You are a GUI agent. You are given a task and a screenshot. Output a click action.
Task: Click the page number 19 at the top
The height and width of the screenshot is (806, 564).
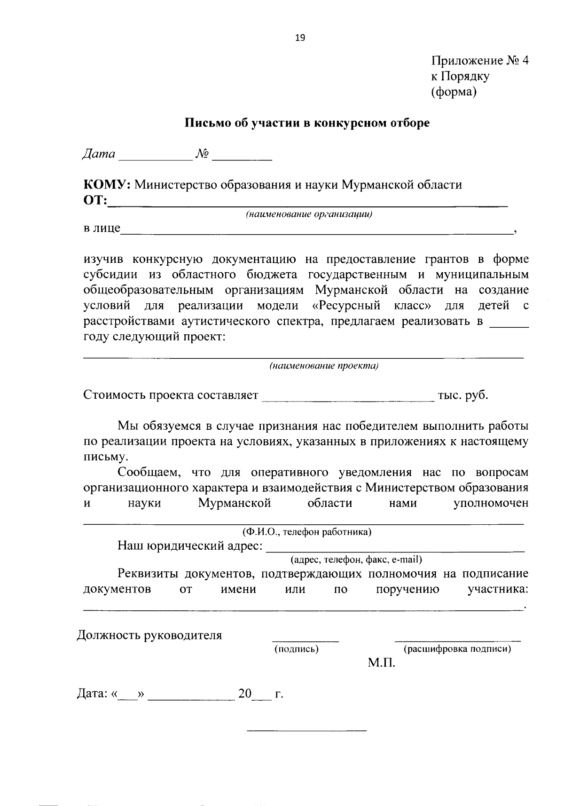click(x=300, y=39)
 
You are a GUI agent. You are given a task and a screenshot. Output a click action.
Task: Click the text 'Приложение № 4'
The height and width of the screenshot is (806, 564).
click(x=480, y=61)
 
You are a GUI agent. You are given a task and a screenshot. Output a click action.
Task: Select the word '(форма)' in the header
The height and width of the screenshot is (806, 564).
click(x=454, y=92)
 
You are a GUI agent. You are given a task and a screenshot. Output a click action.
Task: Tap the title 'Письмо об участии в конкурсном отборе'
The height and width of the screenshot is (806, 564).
click(x=306, y=124)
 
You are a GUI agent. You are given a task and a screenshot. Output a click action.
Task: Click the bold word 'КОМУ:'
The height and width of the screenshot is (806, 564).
click(x=107, y=185)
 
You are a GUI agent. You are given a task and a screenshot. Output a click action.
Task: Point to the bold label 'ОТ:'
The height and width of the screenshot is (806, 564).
click(x=95, y=201)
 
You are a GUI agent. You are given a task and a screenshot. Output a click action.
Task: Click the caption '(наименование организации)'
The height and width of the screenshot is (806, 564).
click(x=309, y=214)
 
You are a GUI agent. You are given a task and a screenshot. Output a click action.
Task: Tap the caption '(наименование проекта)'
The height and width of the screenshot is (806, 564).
click(x=324, y=366)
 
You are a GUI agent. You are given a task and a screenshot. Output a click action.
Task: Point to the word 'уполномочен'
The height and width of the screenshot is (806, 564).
click(x=491, y=503)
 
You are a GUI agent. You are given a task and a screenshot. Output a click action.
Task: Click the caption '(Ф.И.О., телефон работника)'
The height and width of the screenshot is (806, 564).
click(x=307, y=532)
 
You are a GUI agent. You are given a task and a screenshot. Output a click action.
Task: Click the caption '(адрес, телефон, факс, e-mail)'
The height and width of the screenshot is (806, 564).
click(x=356, y=560)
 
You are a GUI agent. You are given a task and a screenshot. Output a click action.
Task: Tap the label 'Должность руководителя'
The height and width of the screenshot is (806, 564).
click(x=149, y=636)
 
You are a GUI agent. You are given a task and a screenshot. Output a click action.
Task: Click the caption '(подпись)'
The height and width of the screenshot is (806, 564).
click(x=297, y=649)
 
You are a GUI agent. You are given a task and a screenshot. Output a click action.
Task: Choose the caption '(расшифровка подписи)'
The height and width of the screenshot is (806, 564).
click(x=457, y=649)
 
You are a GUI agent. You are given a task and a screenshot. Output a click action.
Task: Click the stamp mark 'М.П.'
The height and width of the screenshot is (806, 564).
click(x=382, y=664)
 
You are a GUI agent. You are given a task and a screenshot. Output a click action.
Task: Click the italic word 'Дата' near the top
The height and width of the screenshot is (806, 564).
click(x=99, y=154)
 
